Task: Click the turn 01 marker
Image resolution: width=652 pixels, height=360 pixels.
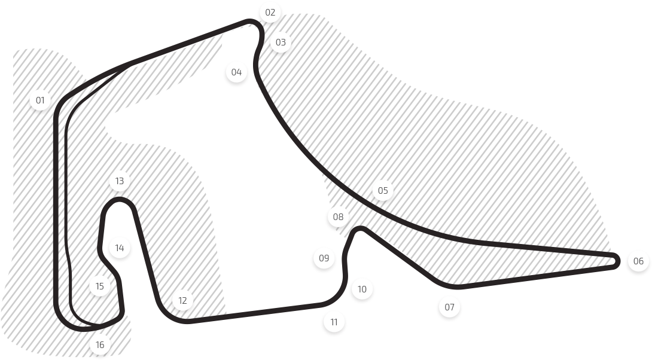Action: [x=40, y=100]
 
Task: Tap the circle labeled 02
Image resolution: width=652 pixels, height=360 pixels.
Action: [x=270, y=13]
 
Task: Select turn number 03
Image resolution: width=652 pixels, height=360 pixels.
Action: [x=281, y=43]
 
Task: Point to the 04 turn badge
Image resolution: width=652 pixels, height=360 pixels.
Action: [x=237, y=73]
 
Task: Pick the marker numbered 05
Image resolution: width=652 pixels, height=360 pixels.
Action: [x=383, y=191]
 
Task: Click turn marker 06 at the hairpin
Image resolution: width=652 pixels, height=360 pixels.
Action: [x=638, y=261]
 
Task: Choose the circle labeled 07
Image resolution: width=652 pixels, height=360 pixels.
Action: [x=449, y=307]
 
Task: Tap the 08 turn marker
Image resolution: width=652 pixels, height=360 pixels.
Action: [x=339, y=217]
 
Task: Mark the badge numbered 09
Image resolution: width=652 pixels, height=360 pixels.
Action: [x=324, y=259]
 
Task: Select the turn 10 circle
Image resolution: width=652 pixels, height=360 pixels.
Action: [x=361, y=289]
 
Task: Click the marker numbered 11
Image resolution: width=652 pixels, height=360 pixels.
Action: [x=334, y=322]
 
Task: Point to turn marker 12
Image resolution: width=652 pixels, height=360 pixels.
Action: [x=182, y=301]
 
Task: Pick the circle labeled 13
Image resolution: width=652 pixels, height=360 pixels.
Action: [x=120, y=181]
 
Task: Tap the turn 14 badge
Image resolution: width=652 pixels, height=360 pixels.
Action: [x=120, y=248]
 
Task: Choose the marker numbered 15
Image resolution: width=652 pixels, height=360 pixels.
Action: [x=100, y=286]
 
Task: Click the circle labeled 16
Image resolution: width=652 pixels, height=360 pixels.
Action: [x=100, y=345]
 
